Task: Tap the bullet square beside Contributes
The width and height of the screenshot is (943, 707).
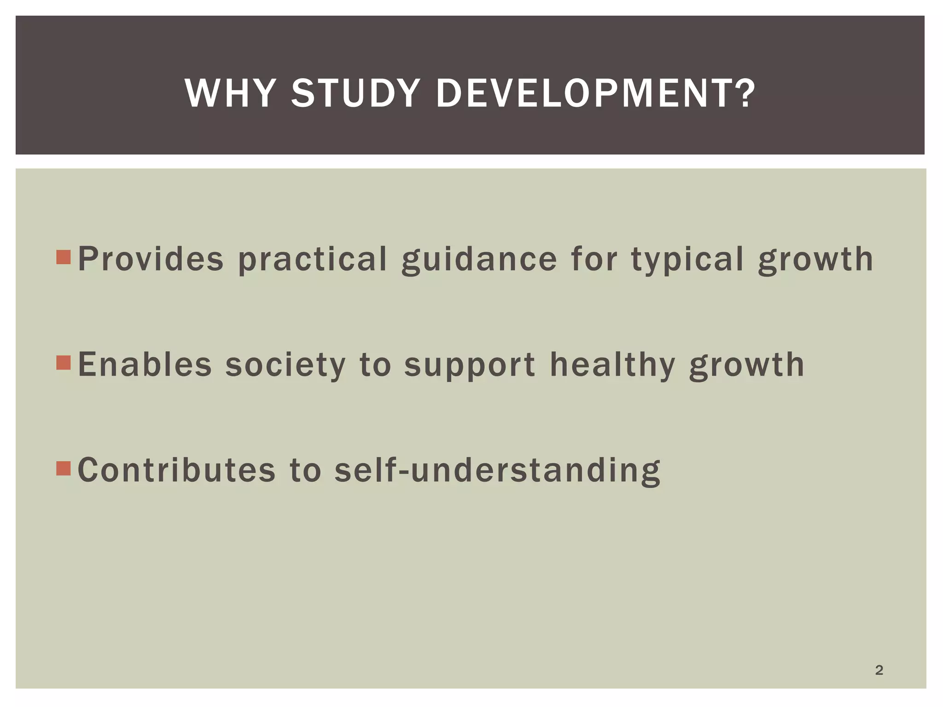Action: pos(64,469)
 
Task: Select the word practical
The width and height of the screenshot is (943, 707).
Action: pos(313,260)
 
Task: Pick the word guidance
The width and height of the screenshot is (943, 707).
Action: pos(479,260)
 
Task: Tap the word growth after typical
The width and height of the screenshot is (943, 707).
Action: pos(815,260)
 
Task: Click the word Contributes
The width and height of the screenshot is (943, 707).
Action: pos(177,470)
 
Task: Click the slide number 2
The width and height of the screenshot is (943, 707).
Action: pos(879,670)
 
